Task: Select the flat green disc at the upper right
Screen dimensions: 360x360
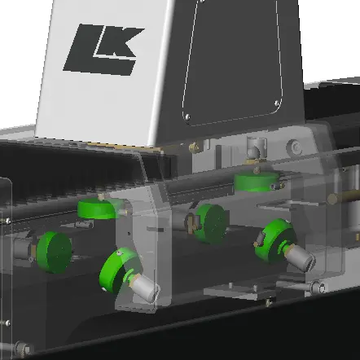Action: coord(257,182)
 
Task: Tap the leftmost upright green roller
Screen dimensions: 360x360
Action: coord(54,252)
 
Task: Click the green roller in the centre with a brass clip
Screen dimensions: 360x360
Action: coord(210,223)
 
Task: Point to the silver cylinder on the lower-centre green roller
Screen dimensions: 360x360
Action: coord(144,288)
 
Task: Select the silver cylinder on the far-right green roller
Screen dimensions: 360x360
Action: coord(301,257)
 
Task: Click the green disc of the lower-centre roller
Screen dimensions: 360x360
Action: coord(119,270)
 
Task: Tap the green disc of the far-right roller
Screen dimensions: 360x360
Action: coord(274,240)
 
